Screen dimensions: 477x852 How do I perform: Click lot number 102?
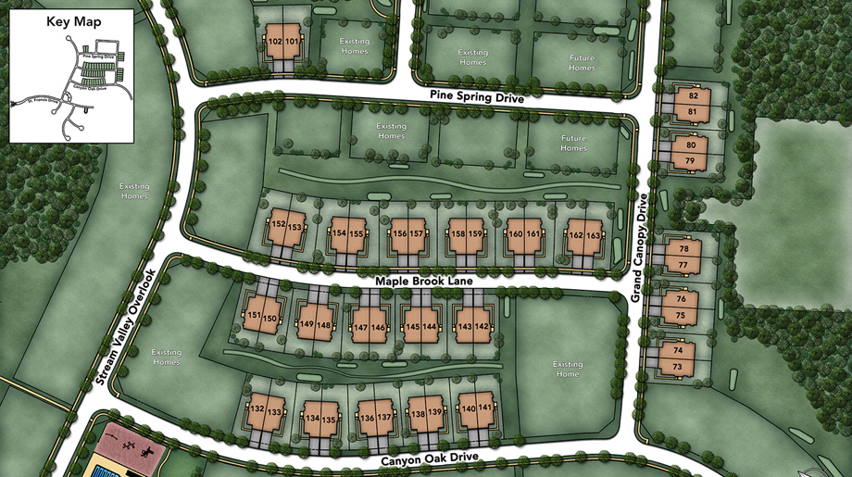[x=275, y=42]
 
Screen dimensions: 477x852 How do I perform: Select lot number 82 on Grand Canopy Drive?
[x=693, y=96]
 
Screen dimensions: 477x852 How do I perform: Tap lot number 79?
[x=690, y=161]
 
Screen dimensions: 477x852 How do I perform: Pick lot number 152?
[x=278, y=225]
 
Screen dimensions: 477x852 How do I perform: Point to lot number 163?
[x=593, y=235]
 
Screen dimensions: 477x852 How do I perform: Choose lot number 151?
[x=253, y=316]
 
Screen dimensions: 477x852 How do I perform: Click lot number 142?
[x=482, y=327]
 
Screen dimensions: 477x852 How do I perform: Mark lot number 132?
[x=257, y=408]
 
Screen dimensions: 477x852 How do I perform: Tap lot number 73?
[x=676, y=368]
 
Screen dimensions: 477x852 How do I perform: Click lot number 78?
[x=683, y=249]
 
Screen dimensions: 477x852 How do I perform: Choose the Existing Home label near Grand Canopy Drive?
[x=568, y=369]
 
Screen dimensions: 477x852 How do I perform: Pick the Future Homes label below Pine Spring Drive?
[x=573, y=143]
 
